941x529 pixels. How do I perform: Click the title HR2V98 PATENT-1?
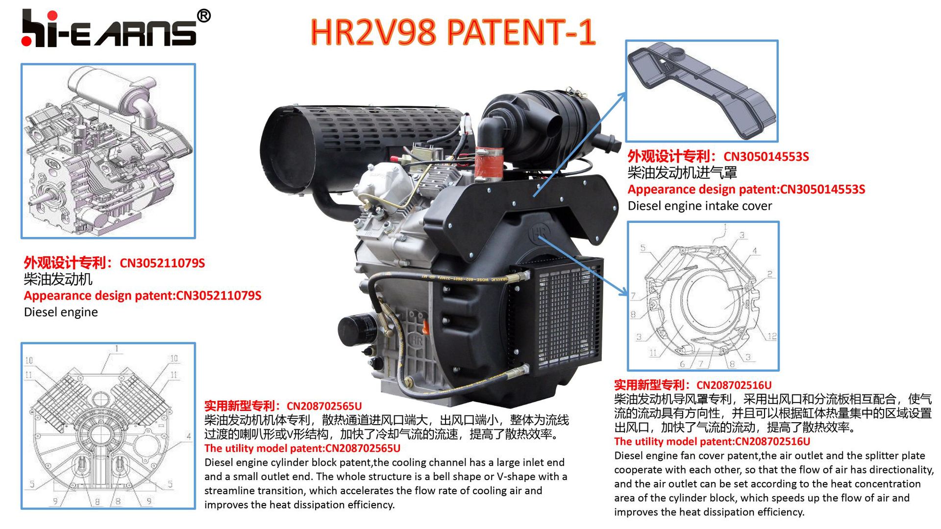coord(453,32)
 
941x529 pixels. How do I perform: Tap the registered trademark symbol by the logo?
coord(204,16)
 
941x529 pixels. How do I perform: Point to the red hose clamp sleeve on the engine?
coord(488,163)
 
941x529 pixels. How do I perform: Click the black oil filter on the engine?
coord(357,331)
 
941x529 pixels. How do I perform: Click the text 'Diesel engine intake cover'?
coord(699,206)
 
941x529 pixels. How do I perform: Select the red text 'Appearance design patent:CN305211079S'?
coord(142,296)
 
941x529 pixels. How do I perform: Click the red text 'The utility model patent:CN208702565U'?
coord(302,448)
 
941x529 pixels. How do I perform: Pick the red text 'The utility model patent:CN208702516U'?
coord(712,441)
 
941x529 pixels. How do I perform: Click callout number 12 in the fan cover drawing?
coord(771,336)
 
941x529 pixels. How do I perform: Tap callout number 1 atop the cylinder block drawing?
coord(117,349)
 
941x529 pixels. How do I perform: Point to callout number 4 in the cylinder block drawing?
coord(189,436)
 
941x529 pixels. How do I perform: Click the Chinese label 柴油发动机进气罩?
coord(682,173)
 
